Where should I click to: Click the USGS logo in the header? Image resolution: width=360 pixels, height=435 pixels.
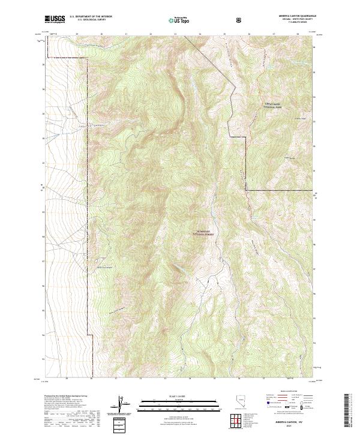tap(55, 20)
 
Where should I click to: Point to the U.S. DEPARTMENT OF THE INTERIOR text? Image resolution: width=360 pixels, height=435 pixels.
tap(91, 17)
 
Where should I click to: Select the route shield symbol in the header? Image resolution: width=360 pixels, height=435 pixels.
tap(240, 20)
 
